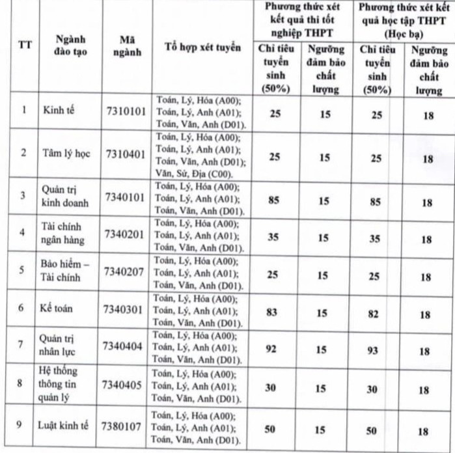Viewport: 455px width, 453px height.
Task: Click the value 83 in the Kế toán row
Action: click(x=272, y=312)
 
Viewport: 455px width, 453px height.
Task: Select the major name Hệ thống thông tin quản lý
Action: click(x=60, y=384)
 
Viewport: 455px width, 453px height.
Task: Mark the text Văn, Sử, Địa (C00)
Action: click(x=193, y=173)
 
